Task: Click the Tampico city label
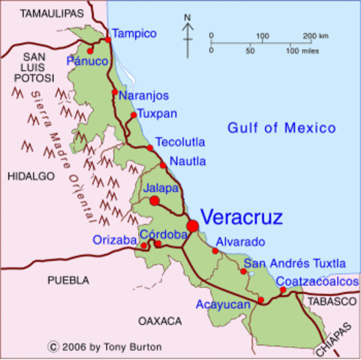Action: click(x=134, y=34)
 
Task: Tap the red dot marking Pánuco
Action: click(x=90, y=51)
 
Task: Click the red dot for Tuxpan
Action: click(x=134, y=115)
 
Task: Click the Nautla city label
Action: click(x=188, y=161)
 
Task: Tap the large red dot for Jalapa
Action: click(x=154, y=201)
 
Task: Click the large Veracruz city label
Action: click(x=242, y=218)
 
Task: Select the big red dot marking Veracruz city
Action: click(x=193, y=225)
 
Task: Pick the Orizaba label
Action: click(x=114, y=241)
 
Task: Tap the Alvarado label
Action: click(x=240, y=242)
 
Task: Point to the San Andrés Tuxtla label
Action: click(x=296, y=263)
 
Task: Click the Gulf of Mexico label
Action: click(x=281, y=128)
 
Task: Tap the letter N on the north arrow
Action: click(x=187, y=18)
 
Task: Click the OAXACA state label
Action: click(x=160, y=321)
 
